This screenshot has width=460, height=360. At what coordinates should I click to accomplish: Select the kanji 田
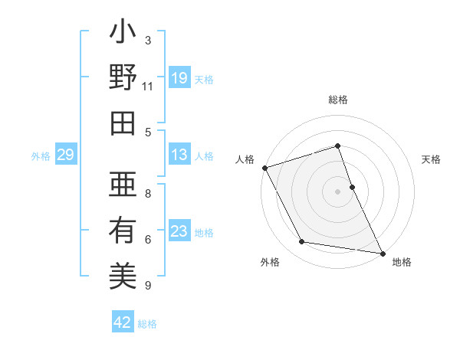[x=123, y=123]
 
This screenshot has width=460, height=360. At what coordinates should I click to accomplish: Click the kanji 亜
[x=123, y=184]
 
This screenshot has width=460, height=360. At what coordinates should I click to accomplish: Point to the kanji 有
[x=123, y=230]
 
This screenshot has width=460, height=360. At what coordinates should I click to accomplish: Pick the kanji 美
[x=123, y=276]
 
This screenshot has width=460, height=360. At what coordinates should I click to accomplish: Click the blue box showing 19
[x=179, y=78]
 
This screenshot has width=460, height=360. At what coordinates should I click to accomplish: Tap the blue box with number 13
[x=179, y=155]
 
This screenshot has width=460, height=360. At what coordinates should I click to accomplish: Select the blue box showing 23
[x=179, y=231]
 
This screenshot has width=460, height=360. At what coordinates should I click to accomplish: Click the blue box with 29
[x=65, y=155]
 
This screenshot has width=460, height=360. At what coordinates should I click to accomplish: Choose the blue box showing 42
[x=123, y=322]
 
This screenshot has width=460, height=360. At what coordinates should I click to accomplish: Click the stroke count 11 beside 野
[x=147, y=86]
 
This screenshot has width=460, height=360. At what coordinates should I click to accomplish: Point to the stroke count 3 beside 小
[x=147, y=41]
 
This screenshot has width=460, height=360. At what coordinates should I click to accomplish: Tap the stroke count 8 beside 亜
[x=147, y=194]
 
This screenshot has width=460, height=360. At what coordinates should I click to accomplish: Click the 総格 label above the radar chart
[x=337, y=100]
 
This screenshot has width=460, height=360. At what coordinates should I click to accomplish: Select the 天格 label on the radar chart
[x=431, y=159]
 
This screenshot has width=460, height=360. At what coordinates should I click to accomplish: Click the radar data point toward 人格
[x=264, y=168]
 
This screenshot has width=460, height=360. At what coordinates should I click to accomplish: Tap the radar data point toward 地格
[x=381, y=252]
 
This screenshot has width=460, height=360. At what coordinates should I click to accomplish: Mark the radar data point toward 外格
[x=302, y=242]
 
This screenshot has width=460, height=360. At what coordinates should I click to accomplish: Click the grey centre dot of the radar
[x=337, y=191]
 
